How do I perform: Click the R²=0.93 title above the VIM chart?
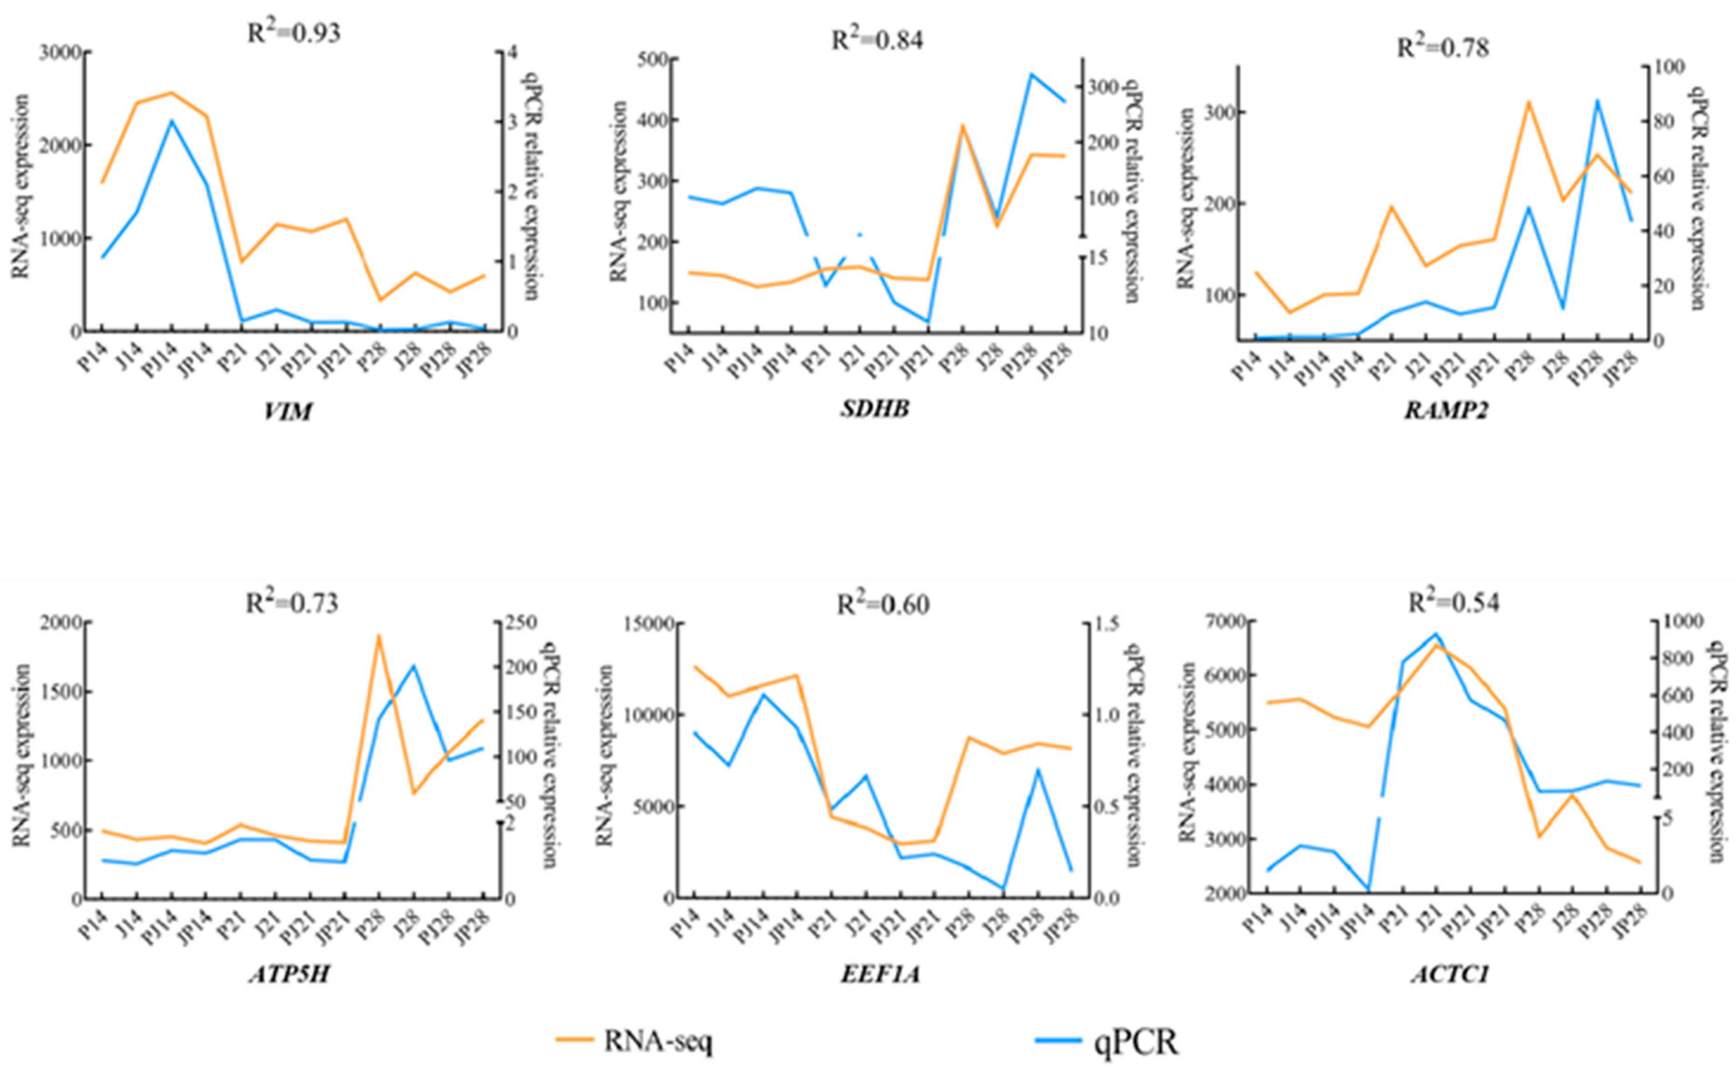[x=293, y=33]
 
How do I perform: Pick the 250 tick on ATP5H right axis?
[x=521, y=623]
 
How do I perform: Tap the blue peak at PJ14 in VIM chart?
[x=171, y=121]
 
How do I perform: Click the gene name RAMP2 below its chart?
[x=1446, y=410]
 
